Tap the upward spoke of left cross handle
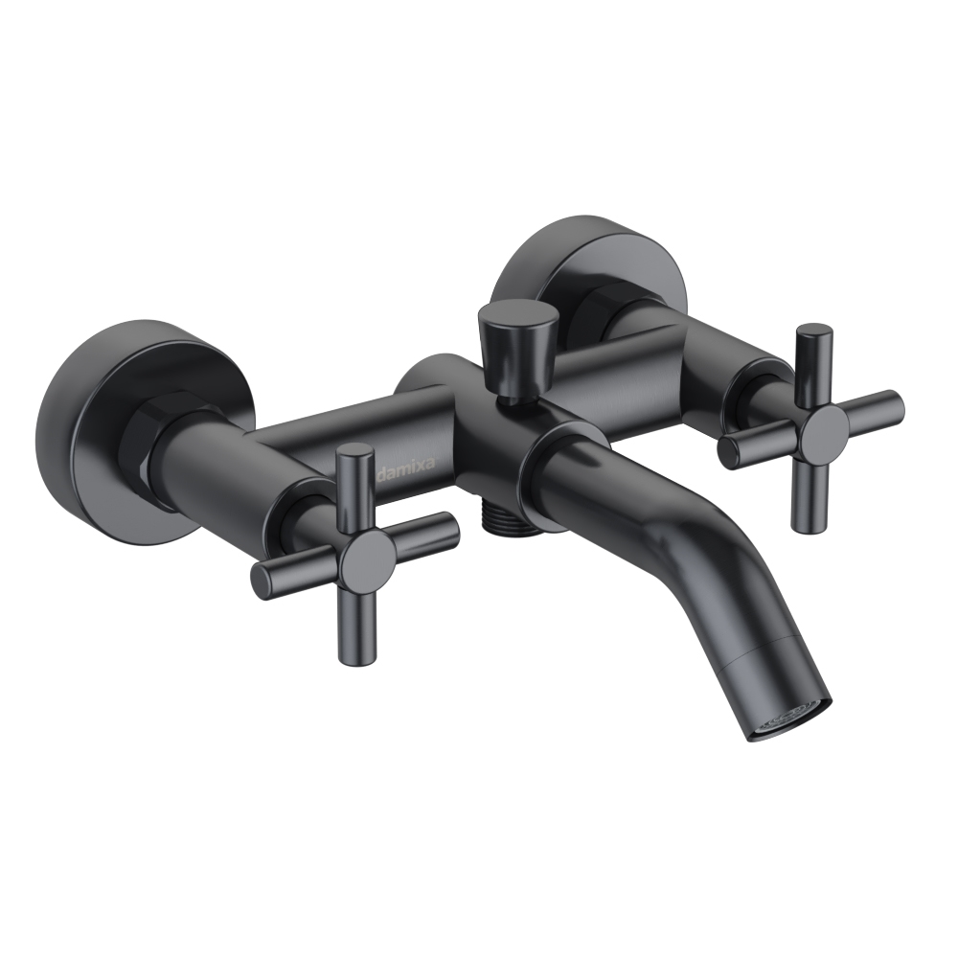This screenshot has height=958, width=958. click(x=355, y=488)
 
